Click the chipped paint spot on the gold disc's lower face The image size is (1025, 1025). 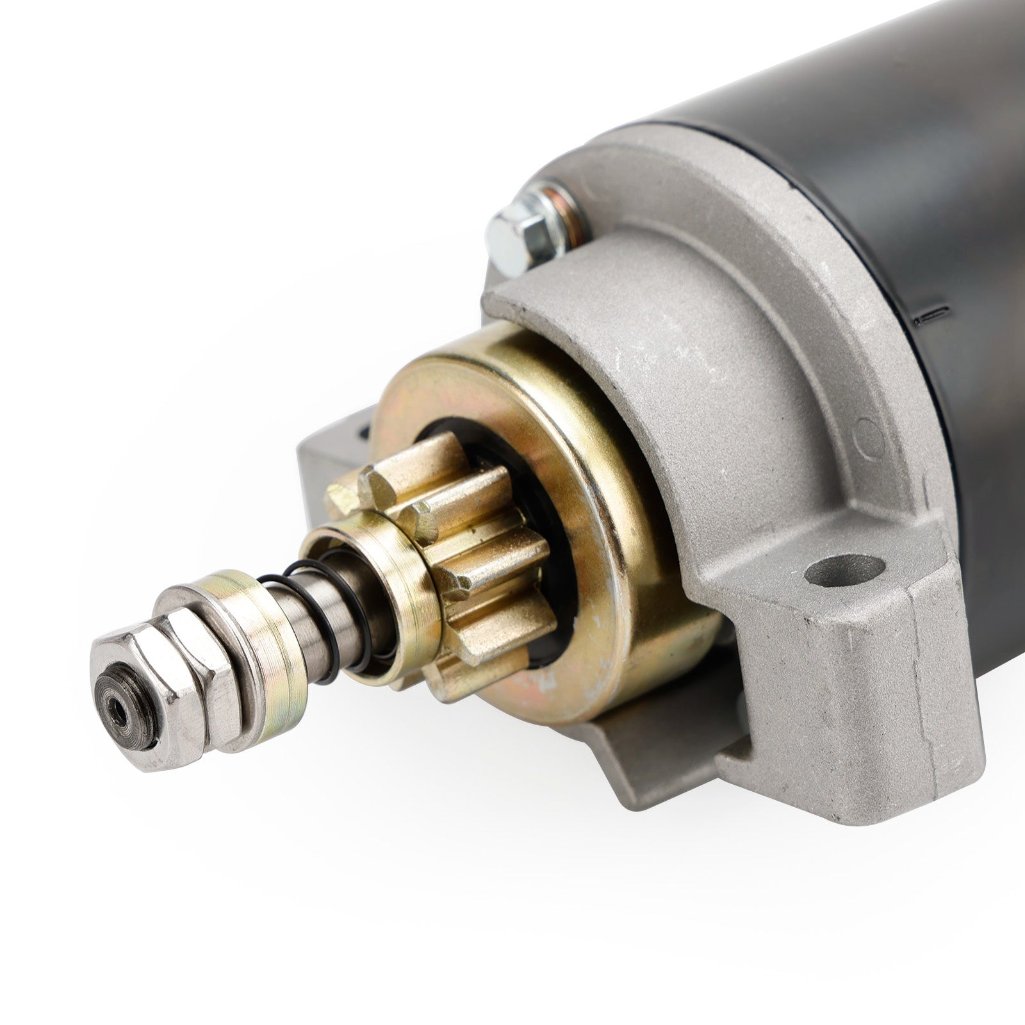pos(545,685)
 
